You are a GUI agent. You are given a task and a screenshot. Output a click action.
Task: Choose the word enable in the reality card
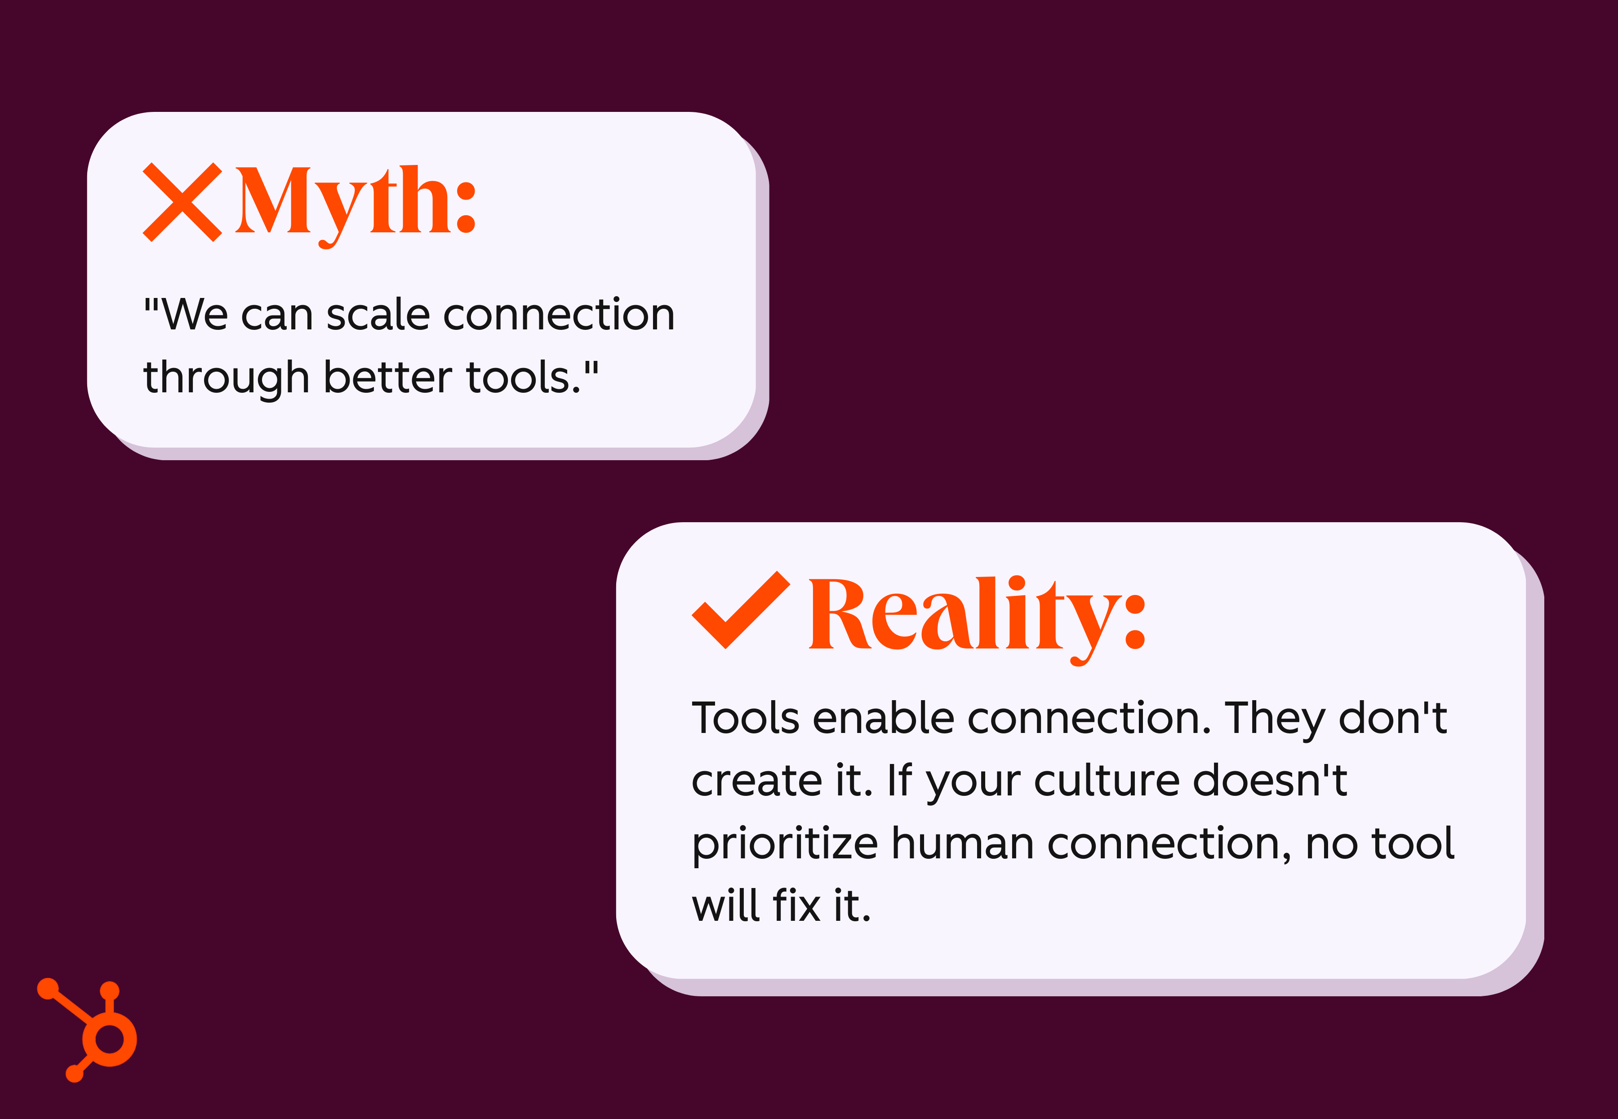[x=883, y=719]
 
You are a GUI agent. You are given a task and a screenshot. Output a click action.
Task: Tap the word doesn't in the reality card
[x=1270, y=780]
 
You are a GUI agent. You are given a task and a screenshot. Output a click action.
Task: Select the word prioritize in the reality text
[x=784, y=844]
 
